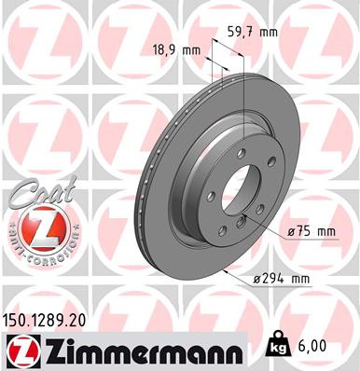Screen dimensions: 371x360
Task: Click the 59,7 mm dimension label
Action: [253, 32]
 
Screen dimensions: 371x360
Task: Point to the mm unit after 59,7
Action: [270, 32]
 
